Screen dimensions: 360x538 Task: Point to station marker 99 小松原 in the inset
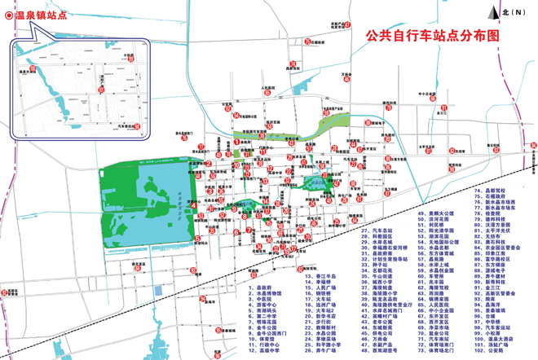point(129,58)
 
